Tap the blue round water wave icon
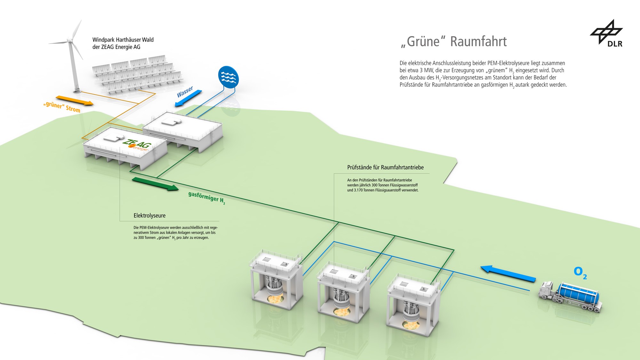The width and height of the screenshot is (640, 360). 228,77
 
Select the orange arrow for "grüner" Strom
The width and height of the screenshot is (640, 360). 74,100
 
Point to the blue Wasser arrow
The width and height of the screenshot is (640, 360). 188,98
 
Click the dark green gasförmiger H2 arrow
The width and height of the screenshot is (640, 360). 155,184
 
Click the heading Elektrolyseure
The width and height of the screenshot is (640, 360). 149,216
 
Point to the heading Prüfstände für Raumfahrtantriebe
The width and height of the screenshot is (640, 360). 385,167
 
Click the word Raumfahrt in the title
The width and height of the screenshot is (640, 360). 478,42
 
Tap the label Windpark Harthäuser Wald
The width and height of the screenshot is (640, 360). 123,40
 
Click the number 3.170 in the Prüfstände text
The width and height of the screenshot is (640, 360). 358,190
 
